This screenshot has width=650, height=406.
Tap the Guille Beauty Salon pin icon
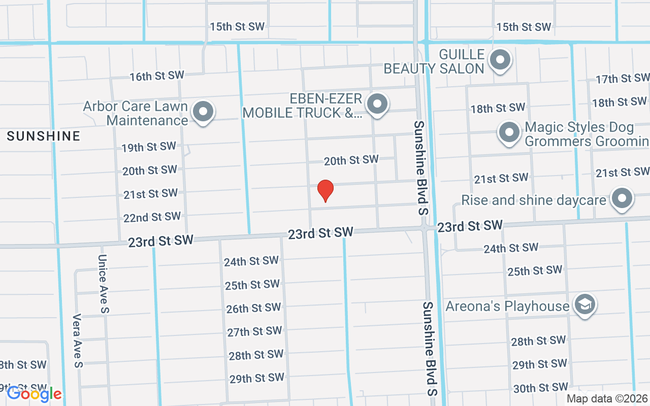click(500, 60)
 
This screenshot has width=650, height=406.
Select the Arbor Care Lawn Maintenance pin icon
click(203, 111)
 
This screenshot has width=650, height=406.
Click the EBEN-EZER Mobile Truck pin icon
click(377, 104)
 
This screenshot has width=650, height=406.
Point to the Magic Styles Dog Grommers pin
click(509, 132)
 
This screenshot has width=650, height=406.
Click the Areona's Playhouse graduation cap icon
click(585, 305)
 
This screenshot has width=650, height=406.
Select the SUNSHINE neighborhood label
click(44, 136)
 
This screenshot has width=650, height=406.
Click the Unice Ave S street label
click(103, 284)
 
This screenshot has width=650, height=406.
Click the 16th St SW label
click(157, 76)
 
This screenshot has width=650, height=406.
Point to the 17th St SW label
click(622, 79)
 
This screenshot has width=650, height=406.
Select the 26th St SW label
click(253, 308)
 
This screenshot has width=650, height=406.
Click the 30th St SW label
click(540, 388)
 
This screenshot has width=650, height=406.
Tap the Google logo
click(34, 393)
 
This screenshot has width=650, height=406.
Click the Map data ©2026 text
click(607, 399)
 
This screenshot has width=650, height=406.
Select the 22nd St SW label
click(152, 217)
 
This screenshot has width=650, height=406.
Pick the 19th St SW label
click(149, 147)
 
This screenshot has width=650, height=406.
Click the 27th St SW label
click(254, 331)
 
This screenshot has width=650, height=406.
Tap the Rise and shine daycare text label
click(533, 200)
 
